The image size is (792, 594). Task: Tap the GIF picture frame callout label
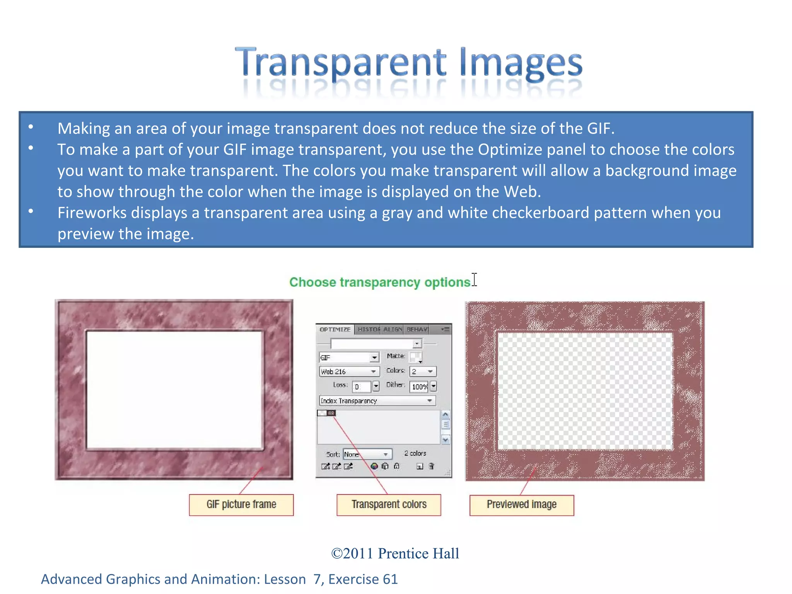click(x=241, y=505)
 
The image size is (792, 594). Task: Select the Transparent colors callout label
click(x=389, y=505)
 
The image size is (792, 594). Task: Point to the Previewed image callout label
click(x=522, y=505)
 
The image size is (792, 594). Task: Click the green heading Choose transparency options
click(x=380, y=282)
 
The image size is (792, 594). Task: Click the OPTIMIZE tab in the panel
click(x=335, y=329)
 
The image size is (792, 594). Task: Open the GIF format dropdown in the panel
click(x=348, y=357)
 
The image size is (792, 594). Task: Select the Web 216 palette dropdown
click(x=348, y=372)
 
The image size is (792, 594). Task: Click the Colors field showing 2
click(x=423, y=372)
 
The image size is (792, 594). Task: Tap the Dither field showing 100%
click(x=420, y=386)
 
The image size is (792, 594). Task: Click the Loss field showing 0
click(x=362, y=386)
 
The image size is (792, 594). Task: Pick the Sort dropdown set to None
click(x=367, y=454)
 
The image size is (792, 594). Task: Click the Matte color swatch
click(x=415, y=357)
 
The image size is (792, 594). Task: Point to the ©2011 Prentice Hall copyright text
click(x=395, y=553)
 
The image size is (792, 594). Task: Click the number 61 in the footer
click(x=390, y=579)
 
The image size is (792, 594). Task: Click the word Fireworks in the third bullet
click(x=92, y=213)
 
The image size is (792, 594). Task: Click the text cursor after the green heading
click(x=475, y=280)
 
